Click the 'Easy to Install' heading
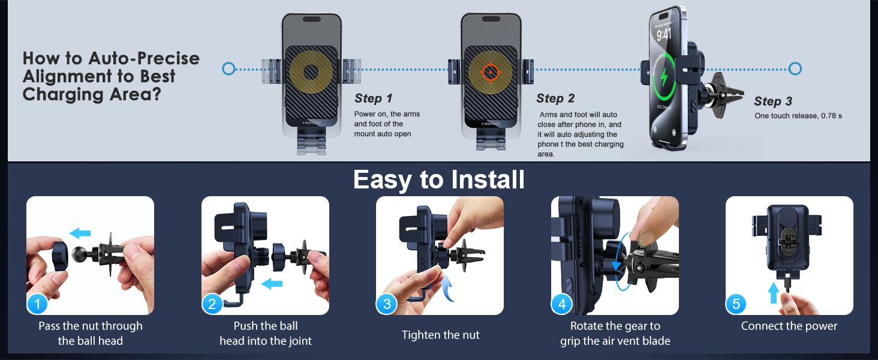click(438, 180)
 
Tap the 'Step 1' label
click(373, 98)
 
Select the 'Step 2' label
click(555, 98)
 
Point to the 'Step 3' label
click(772, 101)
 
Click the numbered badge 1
click(37, 304)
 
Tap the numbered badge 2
click(212, 304)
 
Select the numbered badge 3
click(386, 304)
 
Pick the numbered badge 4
click(561, 304)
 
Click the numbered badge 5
click(736, 304)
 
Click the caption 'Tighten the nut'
click(440, 335)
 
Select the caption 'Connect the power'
click(789, 326)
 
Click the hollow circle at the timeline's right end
click(795, 68)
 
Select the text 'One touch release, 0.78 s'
click(798, 116)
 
